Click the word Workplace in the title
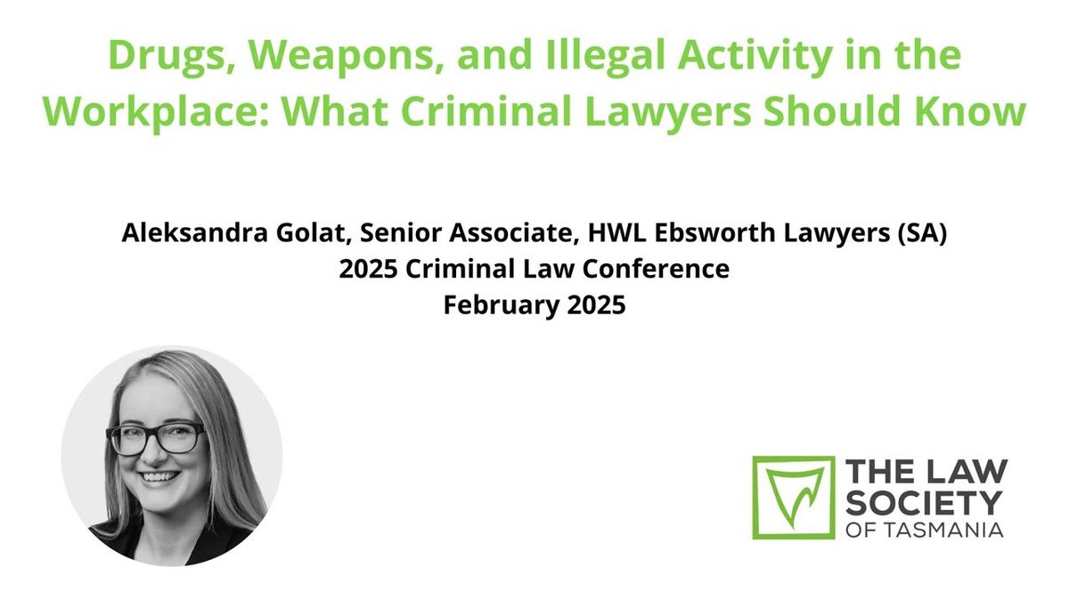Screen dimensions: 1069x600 tap(157, 112)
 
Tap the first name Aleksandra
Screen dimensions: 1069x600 tap(195, 232)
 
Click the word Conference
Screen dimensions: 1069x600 tap(656, 269)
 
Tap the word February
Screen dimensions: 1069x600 tap(501, 305)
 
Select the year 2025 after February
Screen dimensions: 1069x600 tap(597, 304)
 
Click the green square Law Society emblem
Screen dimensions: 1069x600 tap(793, 498)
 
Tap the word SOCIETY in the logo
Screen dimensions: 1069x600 tap(924, 503)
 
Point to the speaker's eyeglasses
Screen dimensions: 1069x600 tap(157, 439)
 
